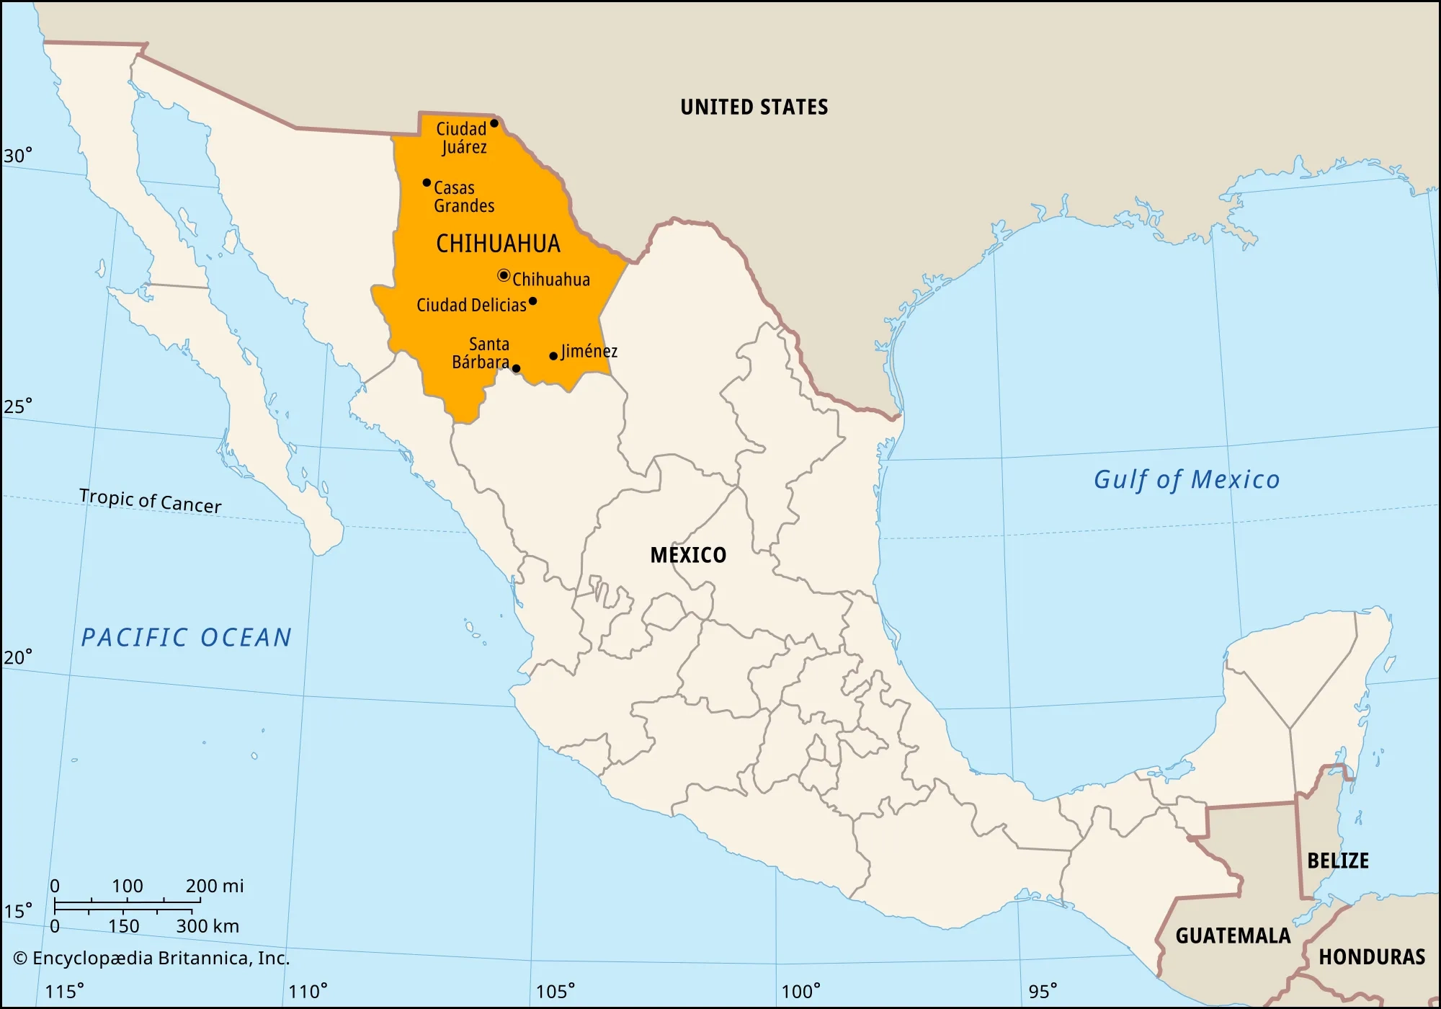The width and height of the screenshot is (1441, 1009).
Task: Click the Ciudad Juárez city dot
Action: coord(494,123)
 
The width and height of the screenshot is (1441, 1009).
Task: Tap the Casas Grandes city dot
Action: coord(427,183)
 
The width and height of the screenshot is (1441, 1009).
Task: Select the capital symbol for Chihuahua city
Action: coord(504,275)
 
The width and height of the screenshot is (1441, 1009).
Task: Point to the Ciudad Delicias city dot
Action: coord(532,301)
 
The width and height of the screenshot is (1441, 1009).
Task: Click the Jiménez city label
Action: coord(589,351)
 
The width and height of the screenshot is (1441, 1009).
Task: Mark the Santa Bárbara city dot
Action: coord(516,368)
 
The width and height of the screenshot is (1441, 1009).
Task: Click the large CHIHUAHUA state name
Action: coord(498,244)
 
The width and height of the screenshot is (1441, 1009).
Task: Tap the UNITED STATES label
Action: coord(754,107)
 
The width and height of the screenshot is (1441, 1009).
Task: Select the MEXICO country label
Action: coord(688,555)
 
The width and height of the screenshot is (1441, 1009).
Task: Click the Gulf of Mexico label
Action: coord(1186,480)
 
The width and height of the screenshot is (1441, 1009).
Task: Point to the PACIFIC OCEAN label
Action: coord(186,638)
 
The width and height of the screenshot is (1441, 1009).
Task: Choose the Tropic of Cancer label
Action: coord(150,500)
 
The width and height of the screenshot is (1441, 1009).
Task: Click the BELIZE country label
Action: coord(1337,861)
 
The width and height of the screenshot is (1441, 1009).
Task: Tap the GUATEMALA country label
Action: coord(1233,935)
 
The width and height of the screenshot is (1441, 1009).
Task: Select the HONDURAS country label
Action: coord(1371,957)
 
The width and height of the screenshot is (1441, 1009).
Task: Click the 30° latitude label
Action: coord(18,156)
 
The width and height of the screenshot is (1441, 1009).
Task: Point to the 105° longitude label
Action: coord(556,992)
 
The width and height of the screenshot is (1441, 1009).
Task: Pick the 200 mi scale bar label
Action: coord(215,886)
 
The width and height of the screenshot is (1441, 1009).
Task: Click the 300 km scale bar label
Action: coord(208,926)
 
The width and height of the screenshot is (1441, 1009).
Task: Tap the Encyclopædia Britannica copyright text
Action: coord(151,958)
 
